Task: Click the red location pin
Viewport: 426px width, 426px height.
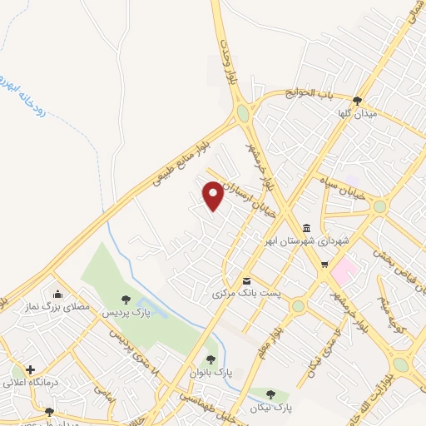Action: tap(214, 195)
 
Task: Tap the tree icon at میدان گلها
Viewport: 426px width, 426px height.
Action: tap(357, 101)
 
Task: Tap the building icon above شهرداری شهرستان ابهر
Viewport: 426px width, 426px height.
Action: tap(306, 229)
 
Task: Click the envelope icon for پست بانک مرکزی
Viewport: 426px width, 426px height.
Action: tap(246, 280)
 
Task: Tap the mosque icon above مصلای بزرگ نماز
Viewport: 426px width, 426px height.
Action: tap(57, 293)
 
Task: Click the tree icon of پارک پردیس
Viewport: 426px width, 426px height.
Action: tap(126, 300)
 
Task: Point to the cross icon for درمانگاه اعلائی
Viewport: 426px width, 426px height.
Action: tap(31, 369)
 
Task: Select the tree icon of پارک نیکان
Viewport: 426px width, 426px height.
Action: tap(270, 394)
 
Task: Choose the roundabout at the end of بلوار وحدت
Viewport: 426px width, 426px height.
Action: tap(242, 111)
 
